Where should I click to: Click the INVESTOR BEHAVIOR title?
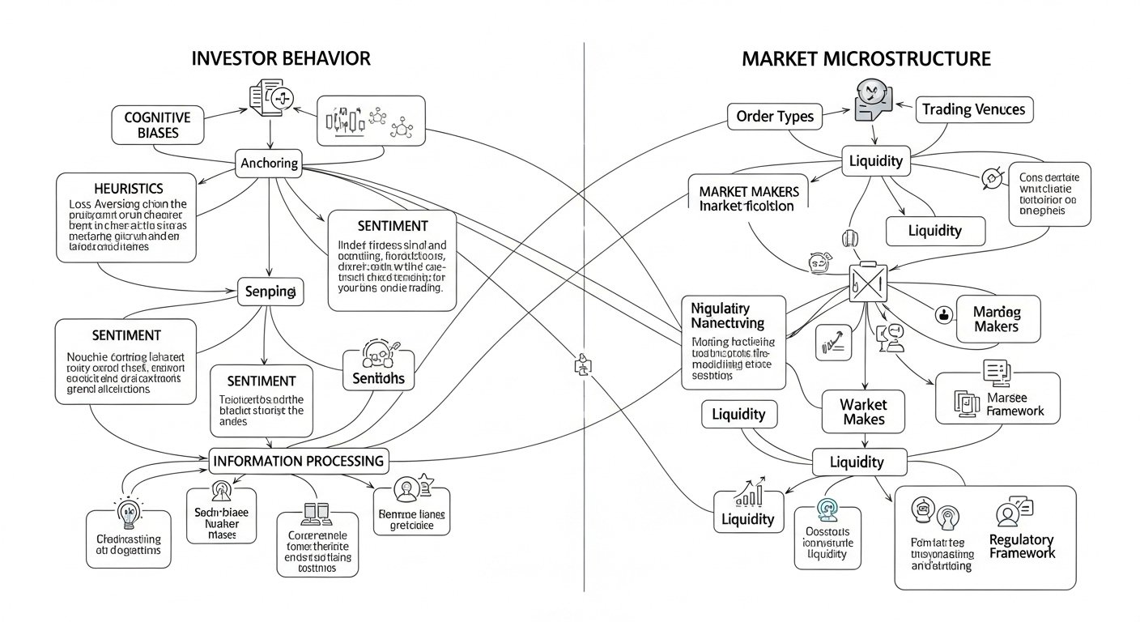[x=281, y=58]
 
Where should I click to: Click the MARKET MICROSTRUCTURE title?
[x=866, y=58]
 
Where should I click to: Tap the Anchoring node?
[x=270, y=164]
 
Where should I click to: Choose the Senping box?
[x=270, y=292]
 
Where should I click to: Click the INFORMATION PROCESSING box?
[x=298, y=461]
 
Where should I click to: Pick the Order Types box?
[x=775, y=117]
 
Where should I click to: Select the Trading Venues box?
[x=974, y=109]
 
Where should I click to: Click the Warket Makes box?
[x=864, y=411]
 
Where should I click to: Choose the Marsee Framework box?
[x=997, y=398]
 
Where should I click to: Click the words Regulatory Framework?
[x=1021, y=546]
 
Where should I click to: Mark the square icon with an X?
[x=864, y=281]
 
